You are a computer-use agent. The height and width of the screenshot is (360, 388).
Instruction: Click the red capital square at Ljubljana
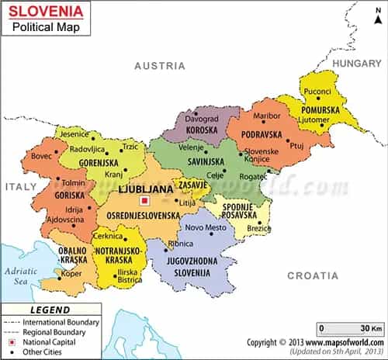(x=144, y=202)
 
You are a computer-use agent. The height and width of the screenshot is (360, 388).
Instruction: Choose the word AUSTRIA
(x=160, y=66)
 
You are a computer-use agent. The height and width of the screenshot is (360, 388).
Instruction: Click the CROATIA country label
(x=312, y=275)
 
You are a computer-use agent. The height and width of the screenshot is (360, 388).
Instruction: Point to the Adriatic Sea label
(x=18, y=276)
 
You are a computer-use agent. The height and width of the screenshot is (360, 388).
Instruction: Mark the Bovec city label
(x=41, y=157)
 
